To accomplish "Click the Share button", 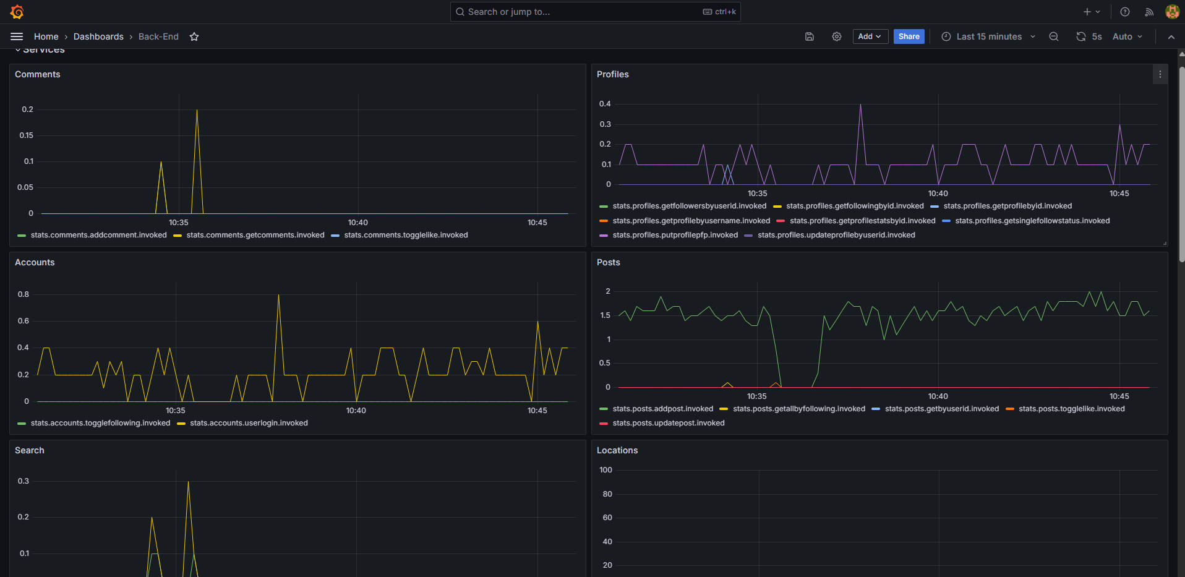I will tap(909, 36).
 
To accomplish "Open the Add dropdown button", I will tap(870, 36).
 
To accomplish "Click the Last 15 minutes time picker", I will tap(988, 36).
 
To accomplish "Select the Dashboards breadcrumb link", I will tap(98, 36).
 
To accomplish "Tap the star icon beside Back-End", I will tap(194, 36).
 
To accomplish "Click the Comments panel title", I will tap(38, 74).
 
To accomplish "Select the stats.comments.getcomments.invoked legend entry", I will tap(255, 235).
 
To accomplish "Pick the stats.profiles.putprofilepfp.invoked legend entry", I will tap(675, 235).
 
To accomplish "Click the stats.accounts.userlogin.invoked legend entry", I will tap(249, 423).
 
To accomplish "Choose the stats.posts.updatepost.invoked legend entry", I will tap(668, 423).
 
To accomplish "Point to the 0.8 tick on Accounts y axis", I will tap(24, 294).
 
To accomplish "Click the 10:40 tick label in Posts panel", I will tap(938, 396).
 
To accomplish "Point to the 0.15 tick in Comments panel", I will tap(27, 135).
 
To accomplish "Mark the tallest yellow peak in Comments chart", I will tap(197, 111).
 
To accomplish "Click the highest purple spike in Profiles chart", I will tap(860, 105).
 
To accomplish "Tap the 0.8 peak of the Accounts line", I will tap(279, 296).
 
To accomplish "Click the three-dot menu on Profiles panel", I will tap(1160, 74).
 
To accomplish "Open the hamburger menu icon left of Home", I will tap(17, 36).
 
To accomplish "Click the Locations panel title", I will tap(617, 450).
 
